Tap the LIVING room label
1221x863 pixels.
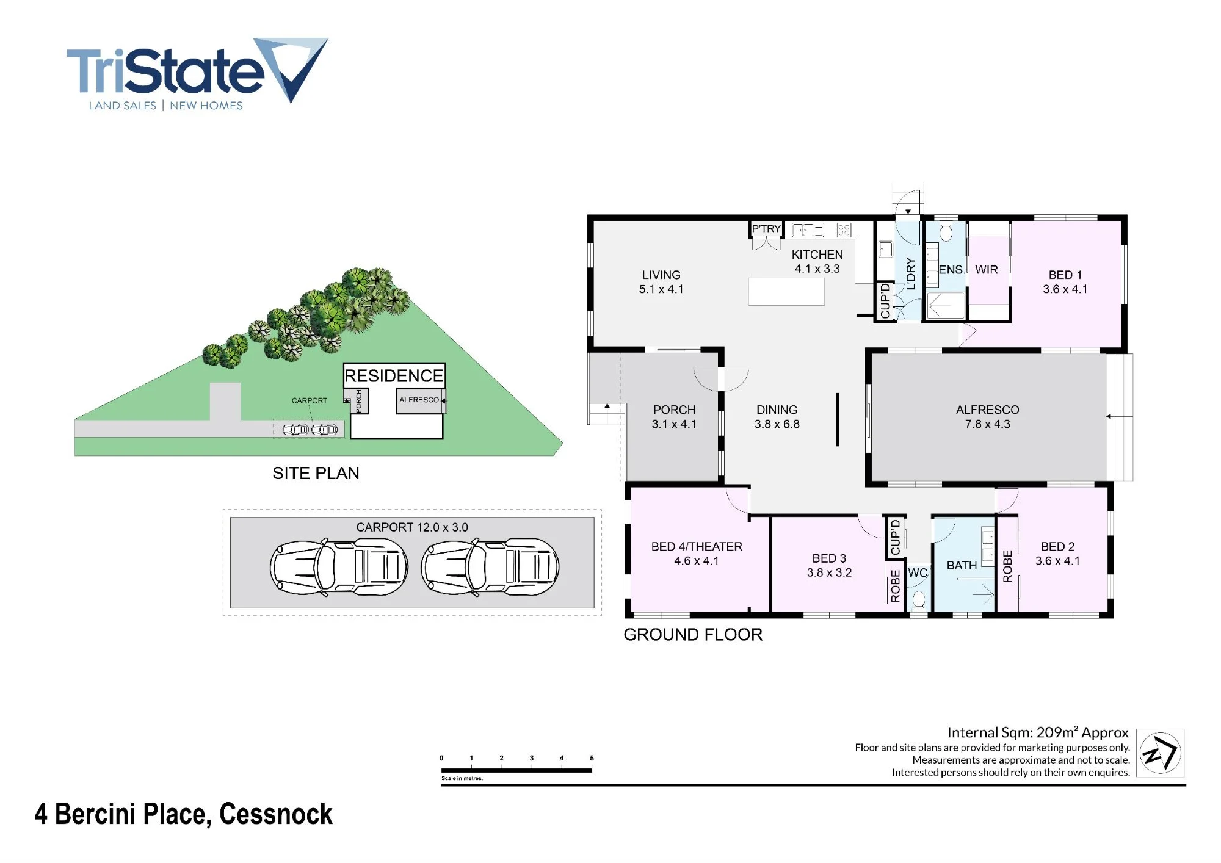(661, 275)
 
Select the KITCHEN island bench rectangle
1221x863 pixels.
(786, 292)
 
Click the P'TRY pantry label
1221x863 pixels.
(766, 229)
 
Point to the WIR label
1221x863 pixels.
(987, 270)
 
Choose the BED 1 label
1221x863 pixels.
(1065, 275)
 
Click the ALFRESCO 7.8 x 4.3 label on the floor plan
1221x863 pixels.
(988, 417)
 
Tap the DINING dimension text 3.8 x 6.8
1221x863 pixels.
(777, 424)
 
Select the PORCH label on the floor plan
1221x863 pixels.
(674, 410)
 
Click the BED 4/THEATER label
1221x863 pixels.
(697, 547)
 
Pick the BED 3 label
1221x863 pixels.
(829, 558)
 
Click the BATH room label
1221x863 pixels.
(962, 566)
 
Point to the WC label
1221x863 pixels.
(918, 573)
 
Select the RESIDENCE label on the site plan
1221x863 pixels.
(394, 375)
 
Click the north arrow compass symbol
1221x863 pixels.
(1160, 753)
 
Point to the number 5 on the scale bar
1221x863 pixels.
(592, 758)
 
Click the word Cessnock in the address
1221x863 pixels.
(276, 814)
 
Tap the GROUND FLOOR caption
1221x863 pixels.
(693, 635)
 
